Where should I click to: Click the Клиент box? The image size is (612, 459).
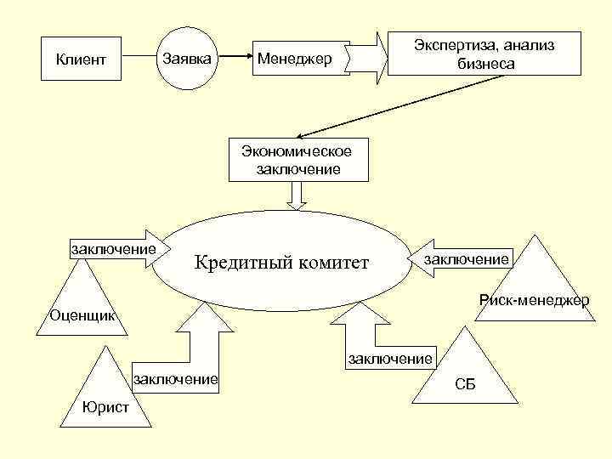[x=81, y=59]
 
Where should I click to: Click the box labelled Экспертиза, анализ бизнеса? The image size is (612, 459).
[x=484, y=54]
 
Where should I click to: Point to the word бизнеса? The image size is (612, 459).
[x=483, y=63]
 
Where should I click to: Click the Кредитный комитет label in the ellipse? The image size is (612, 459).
[x=281, y=263]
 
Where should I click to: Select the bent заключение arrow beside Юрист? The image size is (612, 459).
[x=187, y=357]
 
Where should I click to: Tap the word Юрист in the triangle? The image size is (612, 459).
[x=106, y=407]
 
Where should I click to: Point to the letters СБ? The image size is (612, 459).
[x=465, y=384]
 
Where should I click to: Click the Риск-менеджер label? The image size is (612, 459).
[x=534, y=300]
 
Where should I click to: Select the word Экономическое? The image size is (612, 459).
[x=297, y=151]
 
